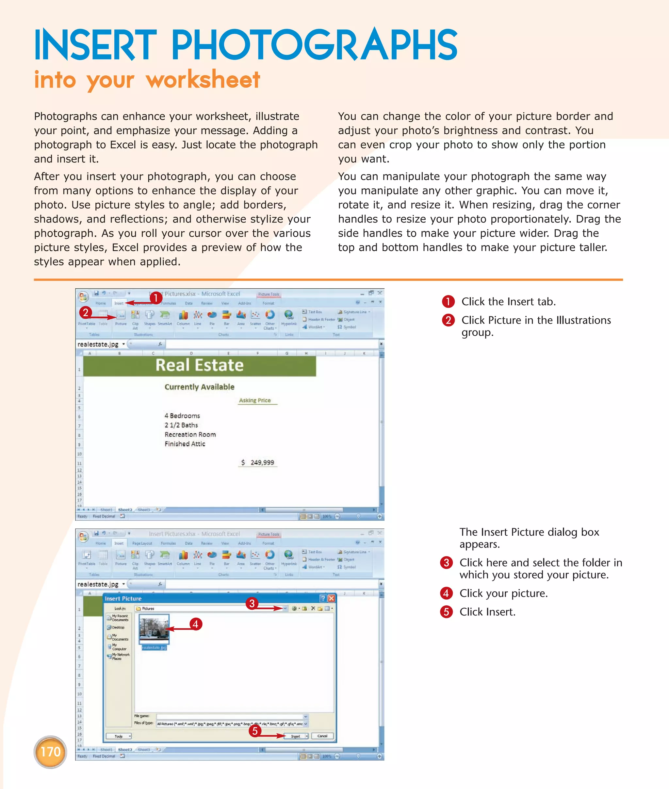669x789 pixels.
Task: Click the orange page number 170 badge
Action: tap(50, 752)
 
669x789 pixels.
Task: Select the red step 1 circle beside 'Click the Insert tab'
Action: tap(448, 302)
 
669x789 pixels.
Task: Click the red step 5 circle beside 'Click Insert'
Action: tap(446, 612)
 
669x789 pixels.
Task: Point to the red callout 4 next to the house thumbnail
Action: tap(195, 624)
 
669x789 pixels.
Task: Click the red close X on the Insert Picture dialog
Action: tap(332, 598)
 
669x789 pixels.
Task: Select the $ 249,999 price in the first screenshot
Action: tap(258, 462)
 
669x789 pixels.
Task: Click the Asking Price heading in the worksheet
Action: tap(255, 400)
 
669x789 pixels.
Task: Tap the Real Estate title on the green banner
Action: tap(200, 365)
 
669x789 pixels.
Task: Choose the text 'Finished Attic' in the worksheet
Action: tap(185, 444)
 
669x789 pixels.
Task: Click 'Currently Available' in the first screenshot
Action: tap(200, 387)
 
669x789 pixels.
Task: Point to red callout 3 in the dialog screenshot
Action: tap(252, 603)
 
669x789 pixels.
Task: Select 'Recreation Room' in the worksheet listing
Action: tap(190, 434)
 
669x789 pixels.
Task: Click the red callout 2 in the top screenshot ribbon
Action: tap(86, 313)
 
